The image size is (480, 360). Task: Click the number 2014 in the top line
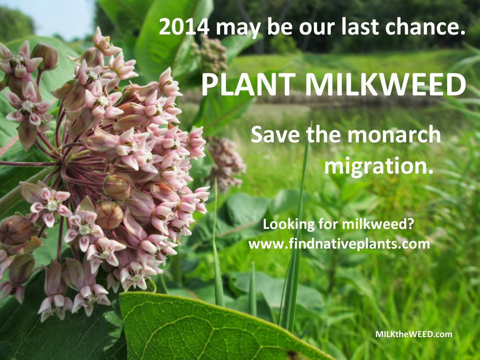tap(184, 27)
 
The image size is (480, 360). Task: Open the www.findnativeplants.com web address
tap(339, 244)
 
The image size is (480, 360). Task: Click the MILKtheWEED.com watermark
tap(413, 334)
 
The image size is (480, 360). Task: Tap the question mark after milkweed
tap(410, 224)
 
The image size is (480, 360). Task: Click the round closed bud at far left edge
tap(15, 230)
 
